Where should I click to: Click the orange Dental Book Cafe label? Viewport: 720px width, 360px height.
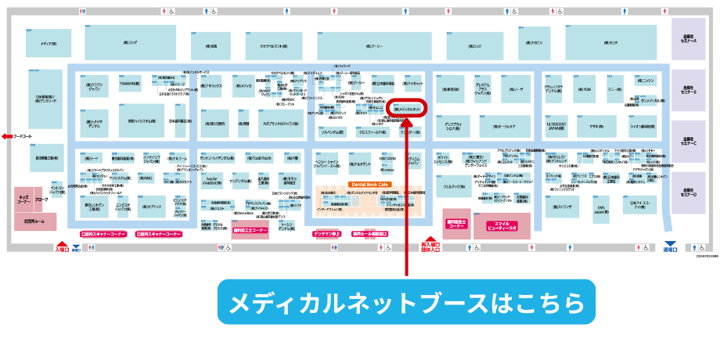369,184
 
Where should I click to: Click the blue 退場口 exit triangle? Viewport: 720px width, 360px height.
668,244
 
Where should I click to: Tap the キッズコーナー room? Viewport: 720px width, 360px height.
23,200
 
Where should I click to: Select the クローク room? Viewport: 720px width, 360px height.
41,200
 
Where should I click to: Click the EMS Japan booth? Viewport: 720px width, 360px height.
601,210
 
